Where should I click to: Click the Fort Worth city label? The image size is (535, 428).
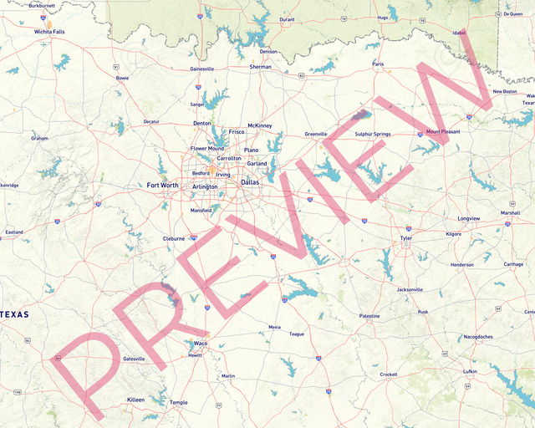163,185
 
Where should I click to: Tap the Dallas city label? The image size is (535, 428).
250,181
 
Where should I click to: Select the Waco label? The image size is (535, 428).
201,343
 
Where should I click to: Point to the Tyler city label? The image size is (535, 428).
406,238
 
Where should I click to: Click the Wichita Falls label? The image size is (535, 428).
49,32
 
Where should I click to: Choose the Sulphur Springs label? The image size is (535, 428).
372,134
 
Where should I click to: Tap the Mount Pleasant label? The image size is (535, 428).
443,131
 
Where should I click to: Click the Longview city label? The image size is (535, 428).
469,218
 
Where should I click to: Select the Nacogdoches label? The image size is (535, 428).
478,337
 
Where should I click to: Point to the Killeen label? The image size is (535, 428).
135,400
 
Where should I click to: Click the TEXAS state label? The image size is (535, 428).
14,314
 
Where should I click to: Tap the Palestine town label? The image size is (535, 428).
369,316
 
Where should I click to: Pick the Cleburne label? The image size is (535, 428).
174,238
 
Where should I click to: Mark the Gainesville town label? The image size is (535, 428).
202,69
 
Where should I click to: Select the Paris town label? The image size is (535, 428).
378,64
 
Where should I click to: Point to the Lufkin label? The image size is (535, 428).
470,371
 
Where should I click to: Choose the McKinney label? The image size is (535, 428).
260,125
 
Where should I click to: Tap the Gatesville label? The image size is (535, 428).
134,359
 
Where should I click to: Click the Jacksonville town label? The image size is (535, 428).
410,289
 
